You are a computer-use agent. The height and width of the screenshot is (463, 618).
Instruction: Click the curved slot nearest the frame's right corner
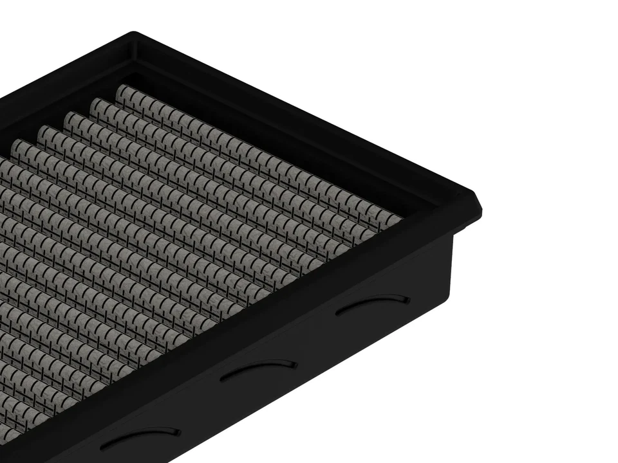[x=373, y=304]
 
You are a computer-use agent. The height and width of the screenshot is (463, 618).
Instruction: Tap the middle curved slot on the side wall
[x=258, y=369]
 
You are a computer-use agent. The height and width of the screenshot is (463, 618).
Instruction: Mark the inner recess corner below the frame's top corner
[x=136, y=61]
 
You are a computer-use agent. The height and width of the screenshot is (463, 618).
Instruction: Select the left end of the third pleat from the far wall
[x=69, y=117]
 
